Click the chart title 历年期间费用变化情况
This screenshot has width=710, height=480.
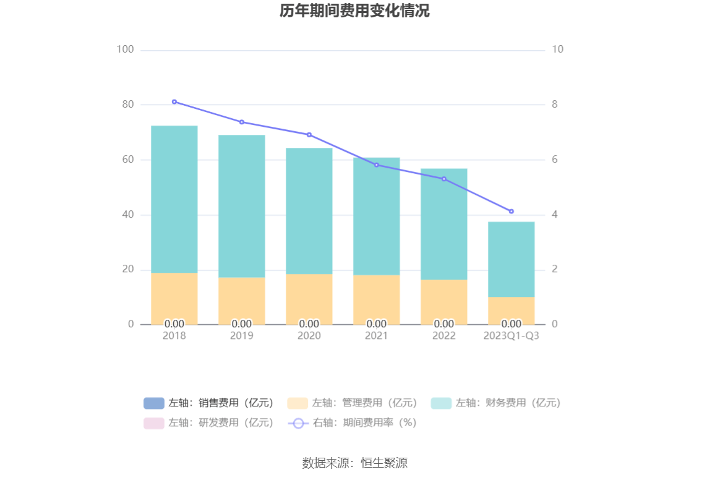tap(354, 11)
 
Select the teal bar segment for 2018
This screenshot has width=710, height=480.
tap(174, 199)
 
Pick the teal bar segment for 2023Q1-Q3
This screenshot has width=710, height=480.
tap(511, 259)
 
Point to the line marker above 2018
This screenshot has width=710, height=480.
tap(174, 101)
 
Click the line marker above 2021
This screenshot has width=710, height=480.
tap(377, 165)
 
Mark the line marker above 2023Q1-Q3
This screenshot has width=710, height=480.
tap(511, 212)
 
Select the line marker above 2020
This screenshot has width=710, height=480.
tap(309, 135)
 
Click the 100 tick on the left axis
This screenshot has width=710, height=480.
tap(126, 49)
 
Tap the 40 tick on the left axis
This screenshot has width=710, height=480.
tap(128, 215)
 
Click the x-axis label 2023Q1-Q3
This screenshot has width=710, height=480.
tap(511, 336)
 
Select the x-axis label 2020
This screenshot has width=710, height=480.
tap(309, 336)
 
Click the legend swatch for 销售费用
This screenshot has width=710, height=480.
tap(154, 403)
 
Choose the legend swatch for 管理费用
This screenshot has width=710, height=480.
tap(297, 403)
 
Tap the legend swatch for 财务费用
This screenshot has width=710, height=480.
tap(442, 403)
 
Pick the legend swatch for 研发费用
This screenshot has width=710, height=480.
tap(154, 423)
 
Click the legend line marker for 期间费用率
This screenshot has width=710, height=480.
tap(298, 423)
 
